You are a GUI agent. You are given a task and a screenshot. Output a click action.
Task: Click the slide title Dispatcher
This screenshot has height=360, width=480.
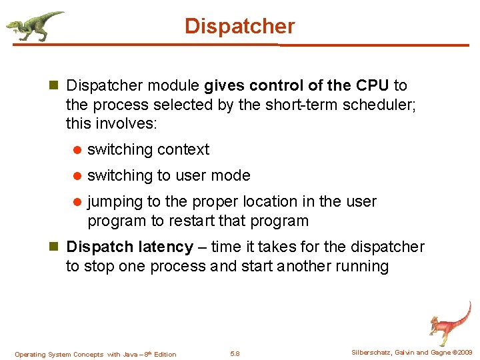[x=239, y=26]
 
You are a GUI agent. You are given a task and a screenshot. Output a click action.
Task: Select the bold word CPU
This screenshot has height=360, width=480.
[x=373, y=85]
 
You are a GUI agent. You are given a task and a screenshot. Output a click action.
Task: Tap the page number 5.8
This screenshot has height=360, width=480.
[x=235, y=353]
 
